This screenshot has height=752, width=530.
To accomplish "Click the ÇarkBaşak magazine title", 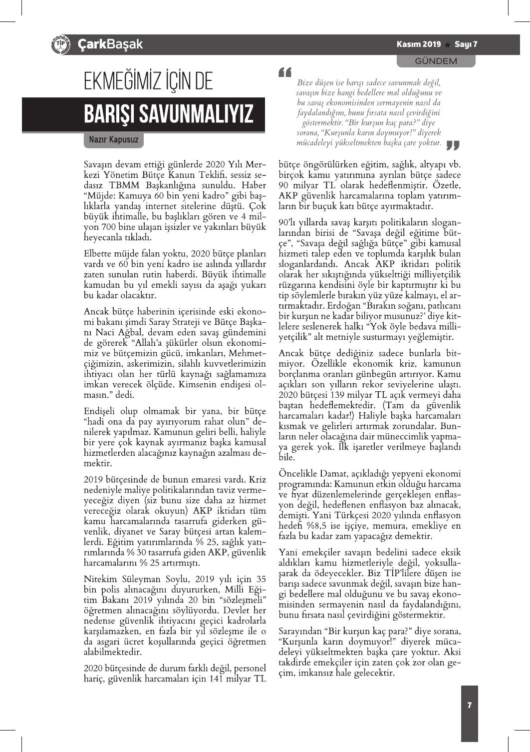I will tap(110, 44).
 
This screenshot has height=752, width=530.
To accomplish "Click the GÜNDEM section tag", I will tap(436, 61).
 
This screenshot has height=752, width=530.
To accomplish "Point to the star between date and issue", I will tap(448, 44).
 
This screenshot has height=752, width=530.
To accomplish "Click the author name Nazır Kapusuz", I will tap(113, 139).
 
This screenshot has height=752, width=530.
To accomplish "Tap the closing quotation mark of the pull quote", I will tap(452, 145).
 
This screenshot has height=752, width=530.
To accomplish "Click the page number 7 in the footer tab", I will tap(469, 705).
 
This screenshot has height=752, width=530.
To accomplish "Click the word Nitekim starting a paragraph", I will tap(100, 579).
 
